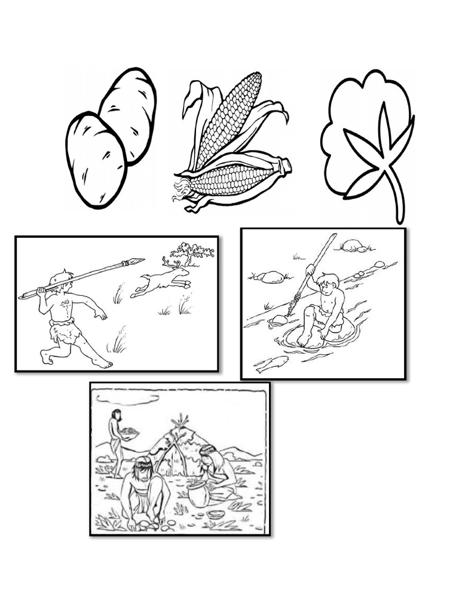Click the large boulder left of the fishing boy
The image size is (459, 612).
point(272,277)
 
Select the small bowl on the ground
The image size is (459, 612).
point(216,514)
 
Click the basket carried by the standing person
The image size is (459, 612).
point(129,432)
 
